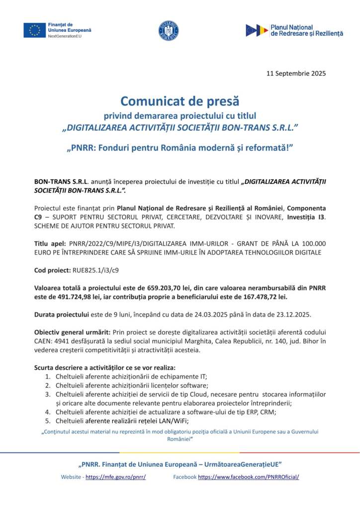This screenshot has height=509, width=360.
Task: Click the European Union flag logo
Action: (34, 30)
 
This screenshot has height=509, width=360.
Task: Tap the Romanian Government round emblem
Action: (169, 31)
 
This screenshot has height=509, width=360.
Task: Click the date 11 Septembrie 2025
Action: (296, 73)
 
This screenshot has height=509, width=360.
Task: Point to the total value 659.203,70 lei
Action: (172, 288)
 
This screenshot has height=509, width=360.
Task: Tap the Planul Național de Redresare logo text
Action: (306, 30)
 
